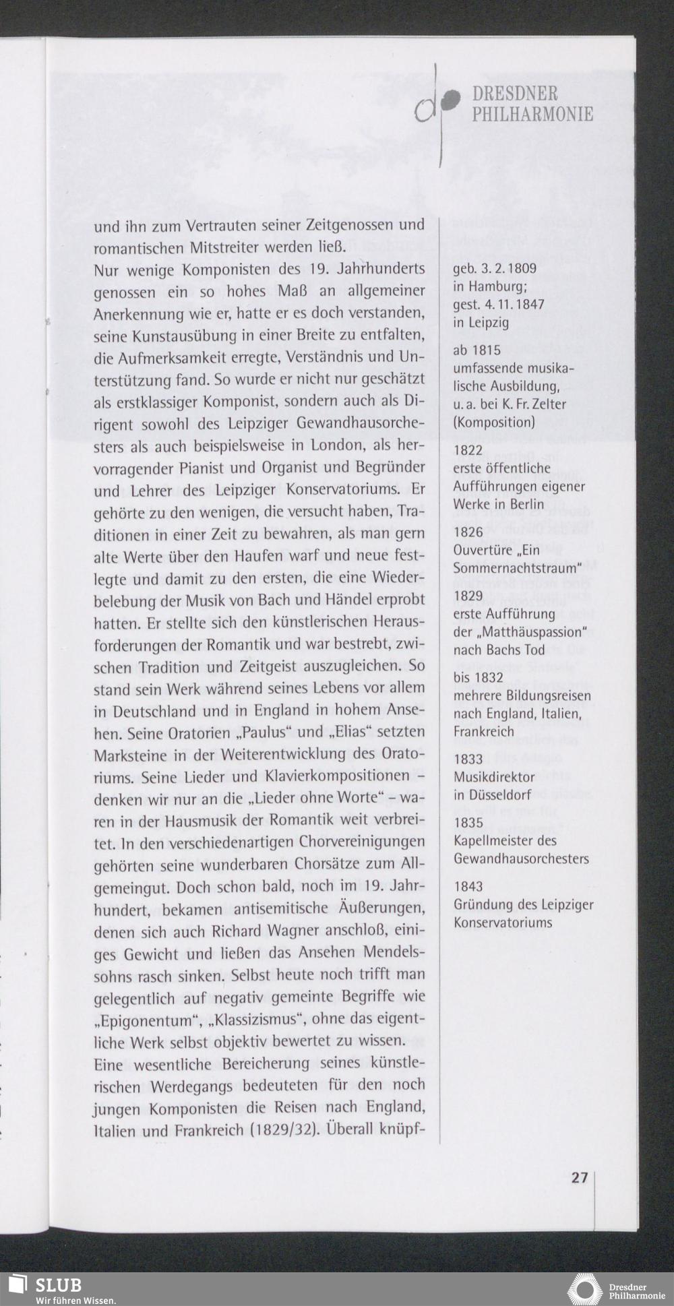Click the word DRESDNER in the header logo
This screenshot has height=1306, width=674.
515,94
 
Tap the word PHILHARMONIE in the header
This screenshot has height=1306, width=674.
532,115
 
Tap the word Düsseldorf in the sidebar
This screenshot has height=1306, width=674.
499,795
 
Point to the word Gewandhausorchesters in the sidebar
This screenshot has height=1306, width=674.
521,859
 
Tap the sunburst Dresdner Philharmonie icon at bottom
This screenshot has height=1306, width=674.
584,1289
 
